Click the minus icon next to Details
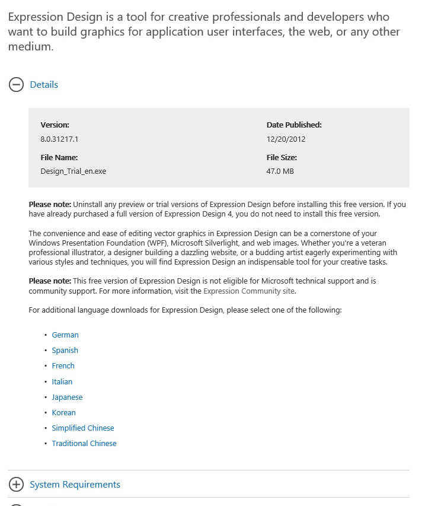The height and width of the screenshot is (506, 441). coord(16,85)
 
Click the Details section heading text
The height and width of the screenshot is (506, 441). coord(44,85)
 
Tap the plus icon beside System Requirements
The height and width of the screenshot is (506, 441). coord(16,485)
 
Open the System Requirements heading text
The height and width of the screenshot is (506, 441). coord(75,485)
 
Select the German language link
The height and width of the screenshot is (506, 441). coord(65,335)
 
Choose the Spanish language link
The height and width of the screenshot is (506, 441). coord(65,351)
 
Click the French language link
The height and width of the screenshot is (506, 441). coord(63,366)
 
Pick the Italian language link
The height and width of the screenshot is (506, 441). coord(62,382)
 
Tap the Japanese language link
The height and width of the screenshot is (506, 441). coord(67,397)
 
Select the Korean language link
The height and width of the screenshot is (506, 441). coord(64,413)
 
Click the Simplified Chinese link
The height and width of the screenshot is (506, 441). coord(83,428)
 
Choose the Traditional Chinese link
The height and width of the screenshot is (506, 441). coord(84,444)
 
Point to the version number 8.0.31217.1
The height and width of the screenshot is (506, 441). coord(59,139)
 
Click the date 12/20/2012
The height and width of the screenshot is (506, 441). coord(286,139)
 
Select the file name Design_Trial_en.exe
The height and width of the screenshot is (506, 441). coord(73,171)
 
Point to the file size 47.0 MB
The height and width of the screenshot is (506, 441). coord(280,171)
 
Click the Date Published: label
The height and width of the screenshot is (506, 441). coord(294,125)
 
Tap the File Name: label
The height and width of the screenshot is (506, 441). coord(59,158)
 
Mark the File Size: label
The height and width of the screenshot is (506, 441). coord(282,158)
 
